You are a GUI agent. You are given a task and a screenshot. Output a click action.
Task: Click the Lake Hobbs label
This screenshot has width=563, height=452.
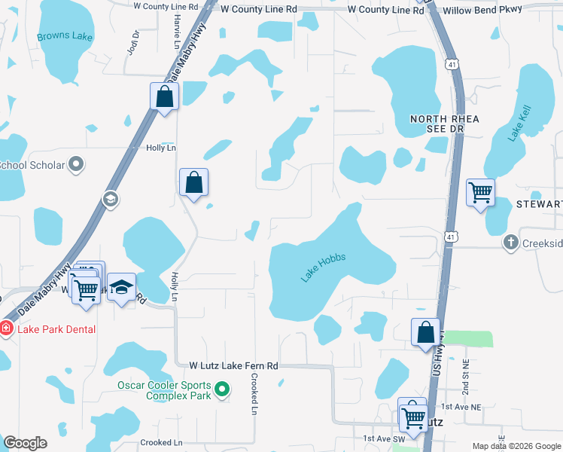coord(324,268)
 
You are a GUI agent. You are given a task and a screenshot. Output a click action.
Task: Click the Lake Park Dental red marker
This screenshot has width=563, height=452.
coord(6,328)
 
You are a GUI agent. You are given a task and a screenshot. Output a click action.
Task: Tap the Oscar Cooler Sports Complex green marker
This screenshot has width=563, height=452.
coord(221,389)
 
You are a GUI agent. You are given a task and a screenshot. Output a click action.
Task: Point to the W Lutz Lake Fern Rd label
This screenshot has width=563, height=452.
coord(234,365)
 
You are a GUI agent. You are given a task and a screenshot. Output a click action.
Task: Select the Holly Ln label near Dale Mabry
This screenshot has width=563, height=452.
coord(160,148)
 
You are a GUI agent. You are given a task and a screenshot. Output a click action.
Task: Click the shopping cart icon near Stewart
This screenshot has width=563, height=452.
coord(480,192)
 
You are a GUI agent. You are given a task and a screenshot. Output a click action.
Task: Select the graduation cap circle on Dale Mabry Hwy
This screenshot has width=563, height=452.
coord(111,199)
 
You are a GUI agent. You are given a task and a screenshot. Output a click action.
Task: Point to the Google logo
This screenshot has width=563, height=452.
coord(25,443)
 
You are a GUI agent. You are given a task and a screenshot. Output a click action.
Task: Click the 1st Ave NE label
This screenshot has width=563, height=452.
coord(459,407)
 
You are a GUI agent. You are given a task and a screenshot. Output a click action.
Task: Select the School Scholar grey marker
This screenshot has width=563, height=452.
coord(75,163)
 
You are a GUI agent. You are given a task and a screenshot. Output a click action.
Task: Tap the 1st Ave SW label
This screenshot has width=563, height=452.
coord(384,438)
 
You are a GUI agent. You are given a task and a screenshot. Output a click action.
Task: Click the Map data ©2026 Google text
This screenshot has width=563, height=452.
coord(516,446)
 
